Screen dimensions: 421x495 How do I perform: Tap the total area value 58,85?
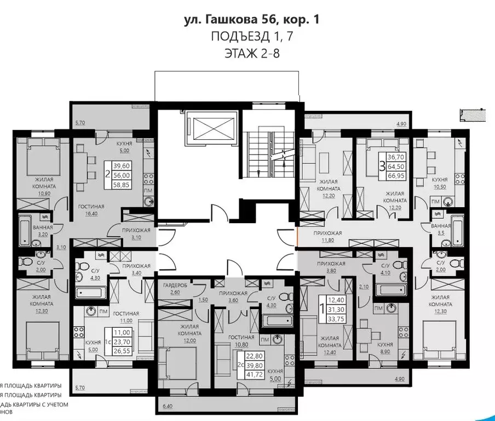tap(122, 185)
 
